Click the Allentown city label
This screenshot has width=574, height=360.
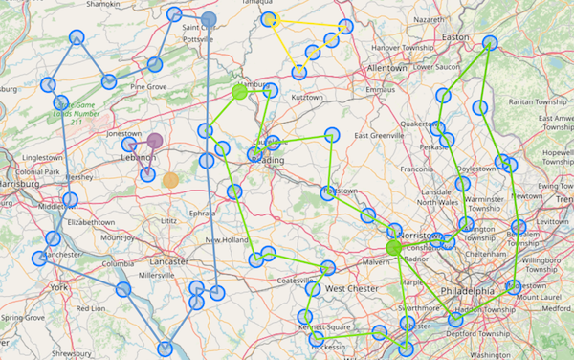[386, 69]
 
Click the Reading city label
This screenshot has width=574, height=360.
[268, 160]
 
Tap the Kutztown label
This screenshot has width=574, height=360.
[307, 98]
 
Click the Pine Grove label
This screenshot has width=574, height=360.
[149, 87]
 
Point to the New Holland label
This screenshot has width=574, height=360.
[227, 239]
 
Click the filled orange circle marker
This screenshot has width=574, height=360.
[170, 179]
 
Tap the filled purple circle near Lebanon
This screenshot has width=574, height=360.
[155, 142]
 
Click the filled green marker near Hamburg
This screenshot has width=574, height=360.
[239, 93]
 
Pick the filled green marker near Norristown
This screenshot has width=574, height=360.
[392, 249]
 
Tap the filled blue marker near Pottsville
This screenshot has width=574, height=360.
[209, 19]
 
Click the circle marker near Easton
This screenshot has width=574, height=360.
[490, 43]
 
